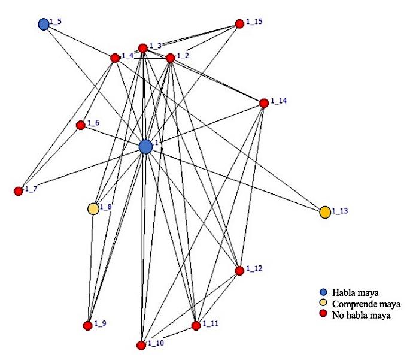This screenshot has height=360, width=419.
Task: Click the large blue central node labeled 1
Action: [x=145, y=147]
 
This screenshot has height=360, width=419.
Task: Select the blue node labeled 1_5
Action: [x=44, y=25]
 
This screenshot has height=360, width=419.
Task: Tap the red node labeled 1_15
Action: [x=239, y=24]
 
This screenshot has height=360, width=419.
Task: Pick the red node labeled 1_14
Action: [x=264, y=103]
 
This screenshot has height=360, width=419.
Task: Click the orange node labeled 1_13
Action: [x=325, y=213]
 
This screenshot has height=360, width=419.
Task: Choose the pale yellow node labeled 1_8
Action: [x=93, y=209]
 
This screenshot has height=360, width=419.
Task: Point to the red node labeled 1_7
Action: [x=19, y=191]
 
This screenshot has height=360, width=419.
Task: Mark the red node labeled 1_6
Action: [x=81, y=125]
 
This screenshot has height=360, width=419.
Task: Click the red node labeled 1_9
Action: [x=87, y=326]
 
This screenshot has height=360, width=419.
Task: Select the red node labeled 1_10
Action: [x=141, y=345]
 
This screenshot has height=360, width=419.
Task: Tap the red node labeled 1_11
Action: [x=196, y=326]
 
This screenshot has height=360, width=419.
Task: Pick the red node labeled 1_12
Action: [x=239, y=271]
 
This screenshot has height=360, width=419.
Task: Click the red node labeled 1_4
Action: [x=115, y=58]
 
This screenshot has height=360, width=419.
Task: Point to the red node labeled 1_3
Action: [x=143, y=49]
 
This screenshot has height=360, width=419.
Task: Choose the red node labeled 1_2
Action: [x=171, y=58]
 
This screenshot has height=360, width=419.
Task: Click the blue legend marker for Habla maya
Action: [x=324, y=292]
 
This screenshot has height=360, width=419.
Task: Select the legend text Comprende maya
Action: [x=366, y=304]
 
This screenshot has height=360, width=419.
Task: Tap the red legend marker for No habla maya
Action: [x=324, y=314]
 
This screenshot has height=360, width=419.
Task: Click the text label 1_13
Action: [x=340, y=211]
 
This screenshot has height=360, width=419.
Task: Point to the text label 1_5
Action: [x=56, y=22]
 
